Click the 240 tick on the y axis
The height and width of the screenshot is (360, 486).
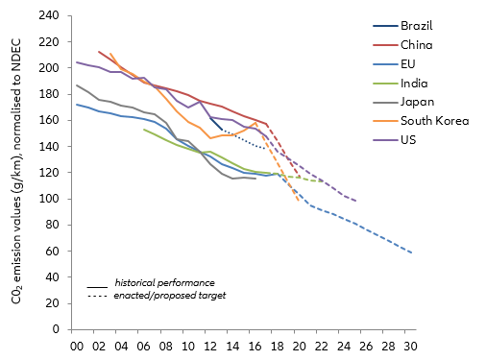pyautogui.click(x=50, y=16)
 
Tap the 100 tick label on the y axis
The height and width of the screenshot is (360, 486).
pyautogui.click(x=50, y=199)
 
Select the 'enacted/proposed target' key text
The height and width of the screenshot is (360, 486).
pyautogui.click(x=169, y=295)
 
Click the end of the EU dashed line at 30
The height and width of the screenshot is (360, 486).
pyautogui.click(x=411, y=252)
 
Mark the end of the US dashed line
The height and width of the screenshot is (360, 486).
pyautogui.click(x=355, y=201)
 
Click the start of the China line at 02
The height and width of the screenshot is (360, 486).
pyautogui.click(x=99, y=52)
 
